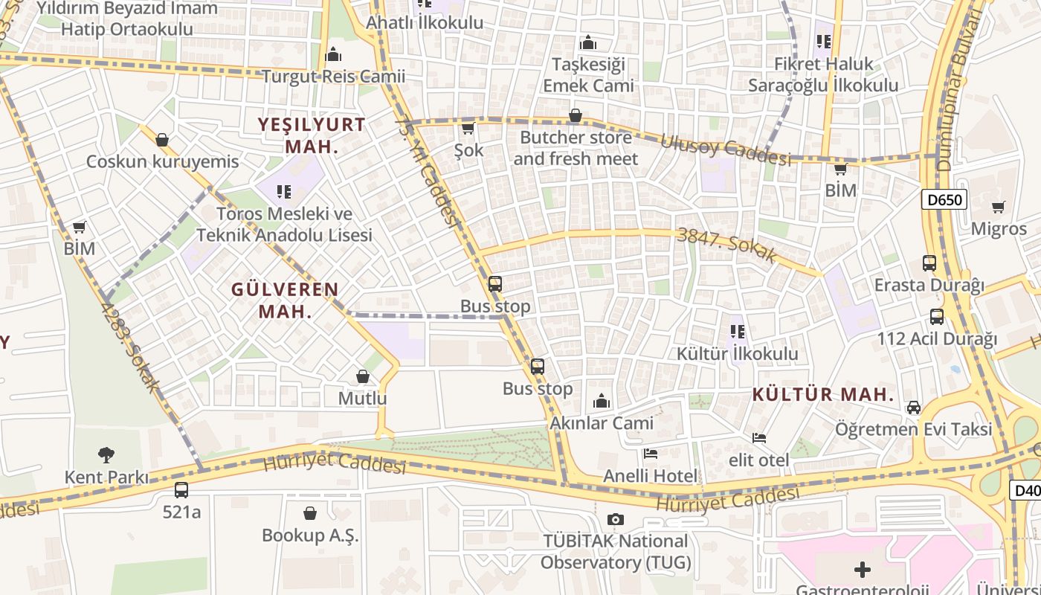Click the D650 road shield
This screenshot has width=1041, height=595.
click(945, 199)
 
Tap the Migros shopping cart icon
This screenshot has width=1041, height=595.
click(998, 207)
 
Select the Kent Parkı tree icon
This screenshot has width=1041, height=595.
click(106, 454)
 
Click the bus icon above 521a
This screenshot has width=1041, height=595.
click(181, 490)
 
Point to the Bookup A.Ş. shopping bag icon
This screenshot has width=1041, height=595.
click(310, 513)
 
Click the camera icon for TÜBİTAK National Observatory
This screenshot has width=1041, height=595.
click(615, 519)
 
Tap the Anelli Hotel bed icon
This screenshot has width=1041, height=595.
click(651, 453)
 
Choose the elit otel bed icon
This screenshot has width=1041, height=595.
click(758, 438)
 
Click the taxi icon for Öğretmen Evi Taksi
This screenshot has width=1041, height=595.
click(913, 408)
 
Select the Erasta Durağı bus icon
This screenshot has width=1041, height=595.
click(929, 263)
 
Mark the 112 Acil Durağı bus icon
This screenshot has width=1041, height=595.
click(937, 317)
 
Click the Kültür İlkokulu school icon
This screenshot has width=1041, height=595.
click(737, 332)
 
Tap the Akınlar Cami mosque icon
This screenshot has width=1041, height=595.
click(602, 402)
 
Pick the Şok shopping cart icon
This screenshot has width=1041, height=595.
click(468, 129)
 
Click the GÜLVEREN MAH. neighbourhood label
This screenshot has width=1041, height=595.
click(285, 300)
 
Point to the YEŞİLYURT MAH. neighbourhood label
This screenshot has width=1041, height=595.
click(312, 135)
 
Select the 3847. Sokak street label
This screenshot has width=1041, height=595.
click(728, 245)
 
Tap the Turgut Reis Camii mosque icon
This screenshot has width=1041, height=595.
click(333, 54)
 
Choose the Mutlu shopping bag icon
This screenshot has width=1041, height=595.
click(363, 377)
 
